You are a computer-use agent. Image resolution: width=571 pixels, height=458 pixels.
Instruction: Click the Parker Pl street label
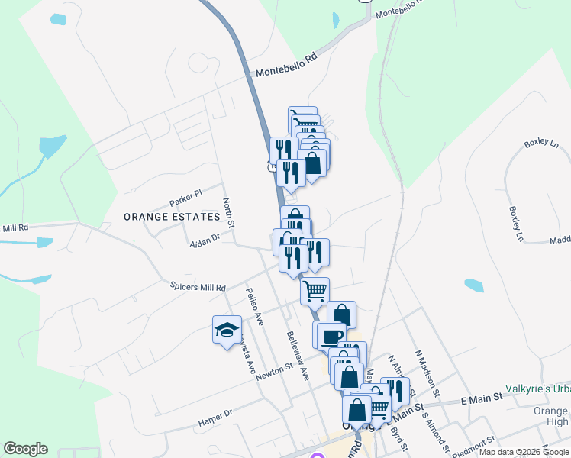185,197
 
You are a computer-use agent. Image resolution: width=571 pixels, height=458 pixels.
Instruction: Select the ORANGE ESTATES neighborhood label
171,217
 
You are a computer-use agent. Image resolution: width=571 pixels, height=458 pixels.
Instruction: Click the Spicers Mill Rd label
198,288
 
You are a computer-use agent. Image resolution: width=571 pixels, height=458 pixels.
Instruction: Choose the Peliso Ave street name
254,307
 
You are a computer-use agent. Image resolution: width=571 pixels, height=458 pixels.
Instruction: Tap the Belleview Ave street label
298,356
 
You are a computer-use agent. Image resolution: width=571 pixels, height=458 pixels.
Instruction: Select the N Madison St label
427,374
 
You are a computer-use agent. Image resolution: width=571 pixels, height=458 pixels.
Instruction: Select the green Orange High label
553,416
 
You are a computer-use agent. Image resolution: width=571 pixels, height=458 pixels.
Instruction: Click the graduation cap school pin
226,330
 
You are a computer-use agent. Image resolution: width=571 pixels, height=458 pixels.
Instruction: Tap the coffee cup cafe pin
330,335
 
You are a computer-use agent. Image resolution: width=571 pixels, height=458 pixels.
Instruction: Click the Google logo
25,449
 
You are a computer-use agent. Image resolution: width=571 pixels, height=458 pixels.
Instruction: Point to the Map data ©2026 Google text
524,452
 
